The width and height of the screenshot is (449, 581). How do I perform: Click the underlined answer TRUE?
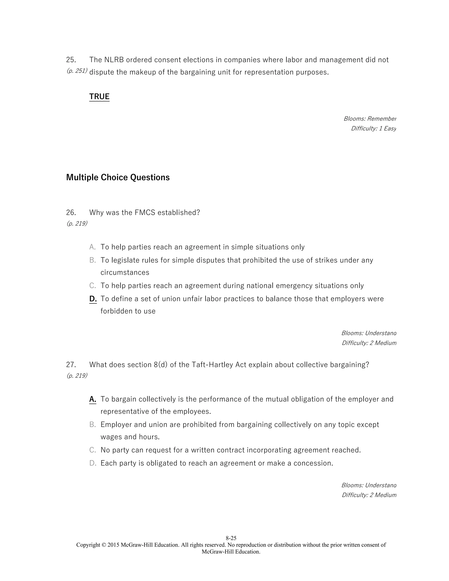pyautogui.click(x=99, y=96)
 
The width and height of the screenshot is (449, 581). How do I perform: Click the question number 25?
pyautogui.click(x=71, y=60)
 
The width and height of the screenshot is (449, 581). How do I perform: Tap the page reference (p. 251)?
pyautogui.click(x=77, y=71)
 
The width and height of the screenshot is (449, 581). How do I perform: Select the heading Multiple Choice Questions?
pyautogui.click(x=118, y=177)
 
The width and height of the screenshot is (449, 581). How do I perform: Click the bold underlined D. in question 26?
pyautogui.click(x=93, y=299)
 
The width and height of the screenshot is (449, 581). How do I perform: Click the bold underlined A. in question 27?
pyautogui.click(x=93, y=399)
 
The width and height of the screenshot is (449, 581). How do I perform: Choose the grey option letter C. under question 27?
pyautogui.click(x=92, y=450)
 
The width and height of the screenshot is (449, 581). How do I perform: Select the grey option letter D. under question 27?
pyautogui.click(x=93, y=463)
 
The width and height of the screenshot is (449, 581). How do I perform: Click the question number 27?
pyautogui.click(x=71, y=364)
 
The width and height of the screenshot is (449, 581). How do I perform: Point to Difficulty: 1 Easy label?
pyautogui.click(x=373, y=128)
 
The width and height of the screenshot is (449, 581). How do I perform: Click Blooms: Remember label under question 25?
pyautogui.click(x=369, y=119)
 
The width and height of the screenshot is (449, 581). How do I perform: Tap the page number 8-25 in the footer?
pyautogui.click(x=231, y=538)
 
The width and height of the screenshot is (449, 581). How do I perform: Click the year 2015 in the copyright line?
pyautogui.click(x=113, y=545)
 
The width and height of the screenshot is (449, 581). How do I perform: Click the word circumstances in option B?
pyautogui.click(x=125, y=272)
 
